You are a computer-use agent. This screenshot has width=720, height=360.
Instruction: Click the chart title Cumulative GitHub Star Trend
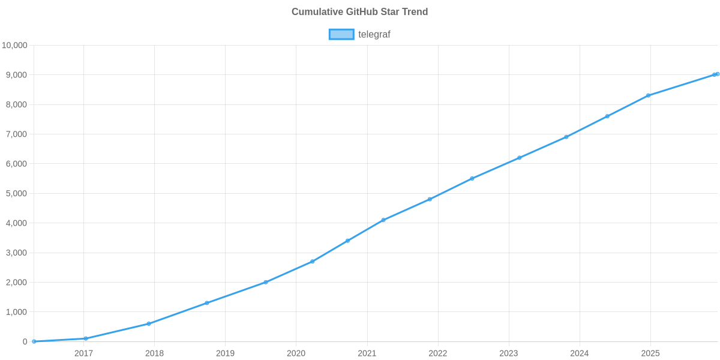pos(359,12)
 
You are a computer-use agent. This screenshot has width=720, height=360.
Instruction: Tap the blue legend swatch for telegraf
pos(341,34)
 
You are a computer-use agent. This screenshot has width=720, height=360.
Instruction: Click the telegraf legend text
pos(374,34)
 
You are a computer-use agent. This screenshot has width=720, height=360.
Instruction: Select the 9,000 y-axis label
pos(17,75)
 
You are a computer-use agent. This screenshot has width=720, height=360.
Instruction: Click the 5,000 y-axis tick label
pos(17,194)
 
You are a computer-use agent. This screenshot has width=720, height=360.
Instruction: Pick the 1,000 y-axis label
pos(17,312)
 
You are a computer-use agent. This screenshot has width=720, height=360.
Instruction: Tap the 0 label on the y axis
pos(25,341)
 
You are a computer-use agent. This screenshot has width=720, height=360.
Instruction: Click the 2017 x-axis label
pos(83,353)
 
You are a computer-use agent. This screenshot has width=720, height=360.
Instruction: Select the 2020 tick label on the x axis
pos(296,353)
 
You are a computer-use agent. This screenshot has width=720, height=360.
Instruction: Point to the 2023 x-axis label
pos(508,353)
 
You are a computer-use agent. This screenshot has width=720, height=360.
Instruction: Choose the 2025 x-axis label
pos(650,353)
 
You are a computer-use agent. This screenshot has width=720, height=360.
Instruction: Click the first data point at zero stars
pos(34,341)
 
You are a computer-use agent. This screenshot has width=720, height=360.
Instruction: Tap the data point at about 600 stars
pos(149,323)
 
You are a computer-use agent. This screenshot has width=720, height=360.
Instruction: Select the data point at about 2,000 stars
pos(265,282)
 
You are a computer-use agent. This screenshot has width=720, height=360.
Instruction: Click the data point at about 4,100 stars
pos(383,220)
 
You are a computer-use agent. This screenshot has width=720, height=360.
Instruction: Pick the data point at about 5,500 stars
pos(472,178)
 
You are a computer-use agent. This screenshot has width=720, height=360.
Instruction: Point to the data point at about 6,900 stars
pos(566,137)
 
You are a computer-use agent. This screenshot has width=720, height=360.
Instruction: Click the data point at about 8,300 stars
pos(648,95)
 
